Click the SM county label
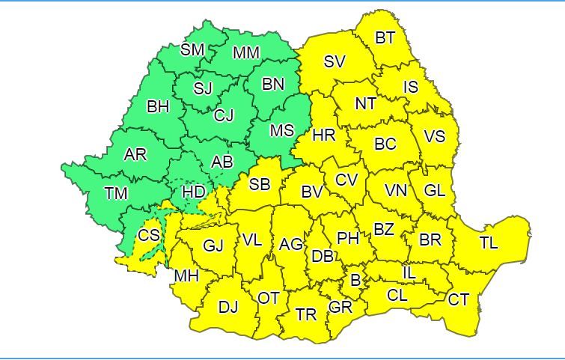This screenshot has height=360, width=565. tap(192, 49)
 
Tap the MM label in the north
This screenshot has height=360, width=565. tap(246, 53)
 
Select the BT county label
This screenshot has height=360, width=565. tap(385, 37)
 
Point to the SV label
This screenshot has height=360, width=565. tap(334, 61)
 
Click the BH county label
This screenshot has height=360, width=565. tap(158, 106)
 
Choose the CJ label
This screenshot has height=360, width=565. tap(224, 115)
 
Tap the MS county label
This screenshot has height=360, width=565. tap(281, 130)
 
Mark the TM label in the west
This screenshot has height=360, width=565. tap(116, 193)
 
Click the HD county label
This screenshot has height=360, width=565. tap(194, 192)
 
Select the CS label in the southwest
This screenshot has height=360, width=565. tap(149, 235)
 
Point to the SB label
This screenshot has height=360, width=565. tap(259, 183)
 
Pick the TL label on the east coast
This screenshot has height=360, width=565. tap(489, 243)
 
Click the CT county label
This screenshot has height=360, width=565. tap(459, 299)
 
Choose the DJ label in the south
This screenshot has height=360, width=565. tap(228, 306)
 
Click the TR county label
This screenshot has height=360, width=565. tap(306, 314)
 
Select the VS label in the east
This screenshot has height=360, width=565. tap(434, 137)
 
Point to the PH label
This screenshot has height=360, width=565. tap(347, 238)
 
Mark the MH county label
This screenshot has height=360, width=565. tap(186, 275)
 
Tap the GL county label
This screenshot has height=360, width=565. tap(434, 190)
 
